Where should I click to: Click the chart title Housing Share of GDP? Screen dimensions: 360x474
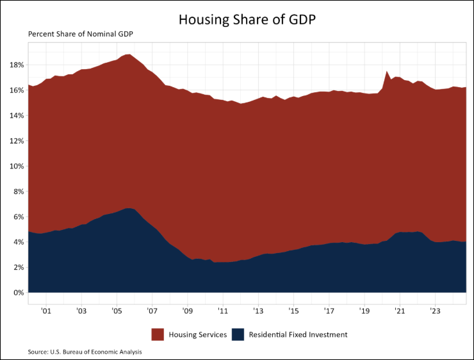[x=247, y=19]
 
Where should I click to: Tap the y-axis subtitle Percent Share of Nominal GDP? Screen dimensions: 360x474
[x=85, y=34]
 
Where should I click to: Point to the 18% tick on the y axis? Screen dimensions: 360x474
[x=17, y=65]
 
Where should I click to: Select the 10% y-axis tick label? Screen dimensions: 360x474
[x=17, y=167]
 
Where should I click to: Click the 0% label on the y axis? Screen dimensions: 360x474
[x=19, y=293]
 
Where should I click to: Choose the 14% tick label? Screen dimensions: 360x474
[x=17, y=116]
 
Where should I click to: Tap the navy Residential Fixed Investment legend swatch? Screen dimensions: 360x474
[x=238, y=334]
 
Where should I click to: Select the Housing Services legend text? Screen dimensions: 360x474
[x=197, y=334]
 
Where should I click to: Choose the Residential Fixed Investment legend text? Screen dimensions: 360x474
[x=298, y=334]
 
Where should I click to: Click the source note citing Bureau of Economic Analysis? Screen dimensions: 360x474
[x=85, y=352]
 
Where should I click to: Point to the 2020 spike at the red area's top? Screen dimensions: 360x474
[x=387, y=71]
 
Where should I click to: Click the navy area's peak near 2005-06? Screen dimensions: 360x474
[x=128, y=209]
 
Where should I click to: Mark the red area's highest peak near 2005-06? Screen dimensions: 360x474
[x=129, y=54]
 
